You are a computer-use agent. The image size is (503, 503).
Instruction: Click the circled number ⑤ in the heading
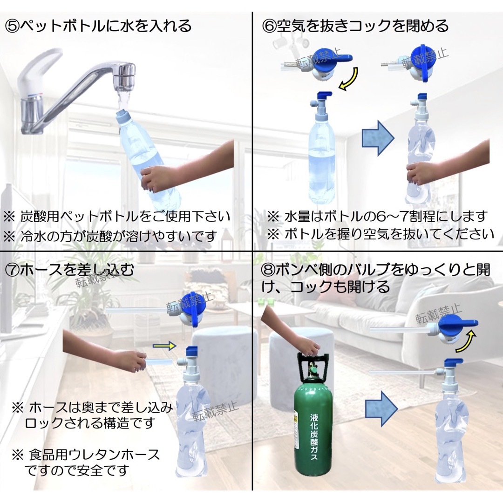pos(13,26)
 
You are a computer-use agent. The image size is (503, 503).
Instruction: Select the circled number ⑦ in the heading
pos(13,269)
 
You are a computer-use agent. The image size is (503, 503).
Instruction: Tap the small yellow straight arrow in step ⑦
pos(164,346)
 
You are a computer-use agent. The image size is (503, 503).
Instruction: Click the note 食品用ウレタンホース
pos(93,454)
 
